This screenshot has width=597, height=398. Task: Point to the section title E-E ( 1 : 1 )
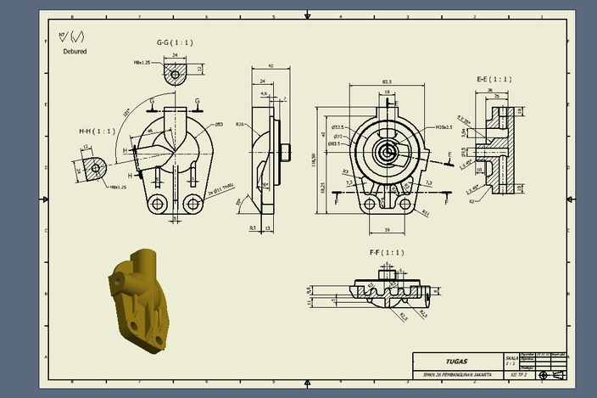(x=494, y=79)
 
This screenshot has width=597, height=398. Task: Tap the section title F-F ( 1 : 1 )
(x=386, y=253)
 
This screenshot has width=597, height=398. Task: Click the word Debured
(x=75, y=51)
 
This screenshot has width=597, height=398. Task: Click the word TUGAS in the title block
(x=457, y=361)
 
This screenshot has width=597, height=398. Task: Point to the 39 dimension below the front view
(x=388, y=230)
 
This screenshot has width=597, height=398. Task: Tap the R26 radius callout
(x=241, y=125)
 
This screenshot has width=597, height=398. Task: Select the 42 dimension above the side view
(x=271, y=65)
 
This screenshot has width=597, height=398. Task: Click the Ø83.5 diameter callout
(x=335, y=143)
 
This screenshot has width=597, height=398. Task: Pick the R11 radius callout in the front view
(x=425, y=213)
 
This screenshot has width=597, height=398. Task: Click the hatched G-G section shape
(x=175, y=76)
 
